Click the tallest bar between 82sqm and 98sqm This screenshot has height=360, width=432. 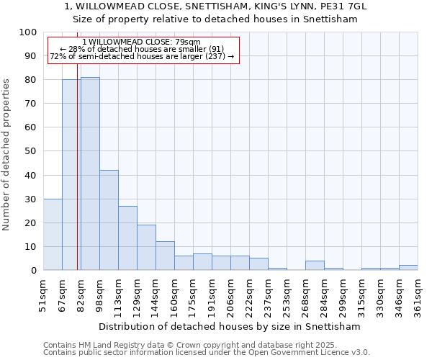(x=90, y=174)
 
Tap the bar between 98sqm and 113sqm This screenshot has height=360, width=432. (x=109, y=220)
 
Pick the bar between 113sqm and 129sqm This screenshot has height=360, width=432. (x=127, y=238)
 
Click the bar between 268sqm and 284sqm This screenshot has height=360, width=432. (x=315, y=265)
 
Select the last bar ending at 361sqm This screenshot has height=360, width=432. (x=408, y=267)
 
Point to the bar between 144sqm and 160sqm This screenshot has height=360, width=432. (x=165, y=256)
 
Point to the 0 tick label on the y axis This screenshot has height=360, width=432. (x=34, y=270)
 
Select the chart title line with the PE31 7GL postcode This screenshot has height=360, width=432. (x=215, y=6)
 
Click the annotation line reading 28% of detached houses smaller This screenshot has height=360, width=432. (x=142, y=49)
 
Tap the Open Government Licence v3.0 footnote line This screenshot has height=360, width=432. (x=206, y=353)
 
